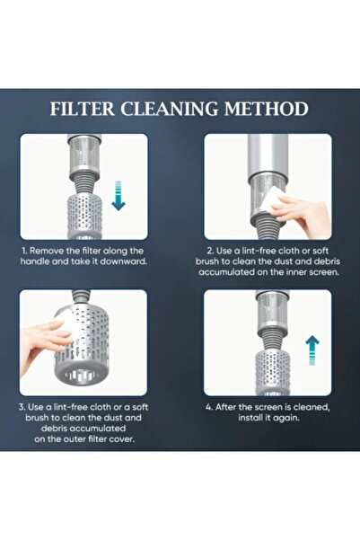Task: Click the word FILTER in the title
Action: point(83,109)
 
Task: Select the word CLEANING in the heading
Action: point(170,109)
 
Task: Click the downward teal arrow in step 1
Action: point(119,195)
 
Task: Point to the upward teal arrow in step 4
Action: point(312,350)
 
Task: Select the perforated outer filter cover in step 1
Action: point(83,217)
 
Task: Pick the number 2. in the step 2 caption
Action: point(210,251)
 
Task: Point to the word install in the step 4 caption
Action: point(250,418)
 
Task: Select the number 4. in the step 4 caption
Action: point(209,407)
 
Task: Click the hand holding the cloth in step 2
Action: point(301,211)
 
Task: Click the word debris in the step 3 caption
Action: point(54,429)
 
